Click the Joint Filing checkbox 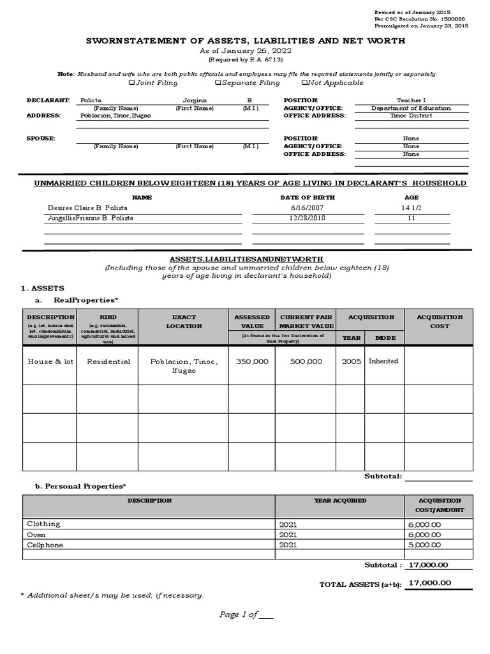coord(131,83)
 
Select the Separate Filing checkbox coord(218,83)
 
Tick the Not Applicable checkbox coord(304,83)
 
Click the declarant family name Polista coord(91,101)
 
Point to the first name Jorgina coord(195,101)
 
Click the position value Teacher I coord(410,101)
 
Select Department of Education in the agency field coord(411,109)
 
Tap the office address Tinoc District coord(411,116)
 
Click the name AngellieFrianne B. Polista coord(91,218)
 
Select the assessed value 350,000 coord(252,361)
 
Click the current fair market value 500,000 coord(306,361)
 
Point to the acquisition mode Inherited coord(383,361)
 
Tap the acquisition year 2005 coord(351,361)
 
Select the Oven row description coord(36,535)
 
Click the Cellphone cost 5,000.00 coord(424,545)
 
